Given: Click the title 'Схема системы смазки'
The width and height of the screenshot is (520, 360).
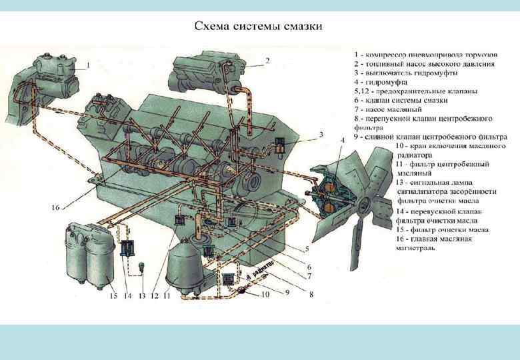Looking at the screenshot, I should coord(259,27).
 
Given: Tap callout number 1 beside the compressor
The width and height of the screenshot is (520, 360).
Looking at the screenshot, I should coord(88,65).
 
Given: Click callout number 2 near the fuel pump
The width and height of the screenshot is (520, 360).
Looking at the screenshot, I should coord(267,61).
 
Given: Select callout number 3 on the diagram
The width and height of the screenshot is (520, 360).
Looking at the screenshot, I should coord(320,134).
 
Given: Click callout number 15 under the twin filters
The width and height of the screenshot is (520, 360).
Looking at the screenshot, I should coord(113,295).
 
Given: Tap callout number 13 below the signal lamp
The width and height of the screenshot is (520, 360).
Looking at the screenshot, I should coord(142,295).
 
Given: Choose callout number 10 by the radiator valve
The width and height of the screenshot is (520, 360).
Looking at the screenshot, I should coord(265,294).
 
